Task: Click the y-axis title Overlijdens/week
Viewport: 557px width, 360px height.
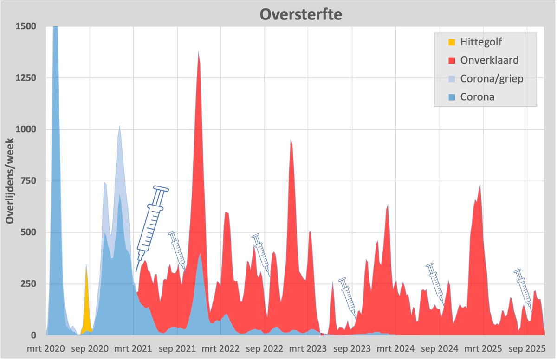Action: pos(10,180)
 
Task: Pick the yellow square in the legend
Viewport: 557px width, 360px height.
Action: pos(451,43)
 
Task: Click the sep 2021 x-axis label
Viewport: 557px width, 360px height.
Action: pos(177,348)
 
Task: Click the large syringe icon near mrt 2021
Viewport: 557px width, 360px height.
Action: pos(152,227)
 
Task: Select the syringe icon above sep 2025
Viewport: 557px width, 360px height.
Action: pos(523,289)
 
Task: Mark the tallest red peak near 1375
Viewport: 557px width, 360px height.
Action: pos(199,60)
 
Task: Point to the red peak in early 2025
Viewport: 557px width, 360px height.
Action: pos(479,190)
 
